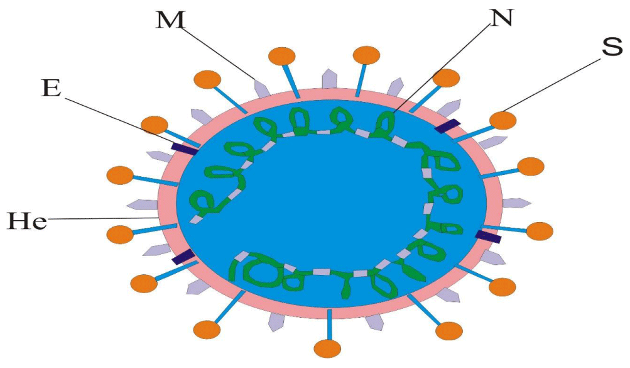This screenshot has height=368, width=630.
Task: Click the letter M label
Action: [171, 21]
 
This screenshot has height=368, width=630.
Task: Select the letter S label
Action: [612, 47]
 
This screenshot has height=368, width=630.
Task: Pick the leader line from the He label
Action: [102, 218]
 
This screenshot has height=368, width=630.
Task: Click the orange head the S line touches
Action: [502, 120]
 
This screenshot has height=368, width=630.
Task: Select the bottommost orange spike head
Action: [327, 348]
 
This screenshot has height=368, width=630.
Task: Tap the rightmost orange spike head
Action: [539, 231]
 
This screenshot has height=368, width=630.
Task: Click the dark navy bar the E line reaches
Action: [183, 148]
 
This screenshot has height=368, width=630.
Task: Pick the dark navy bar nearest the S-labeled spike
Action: [447, 126]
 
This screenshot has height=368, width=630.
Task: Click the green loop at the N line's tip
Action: [386, 121]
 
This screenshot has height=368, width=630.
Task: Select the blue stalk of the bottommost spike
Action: [330, 324]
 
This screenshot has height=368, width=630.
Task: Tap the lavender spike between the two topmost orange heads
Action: [330, 79]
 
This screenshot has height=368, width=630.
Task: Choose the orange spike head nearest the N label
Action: [447, 78]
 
